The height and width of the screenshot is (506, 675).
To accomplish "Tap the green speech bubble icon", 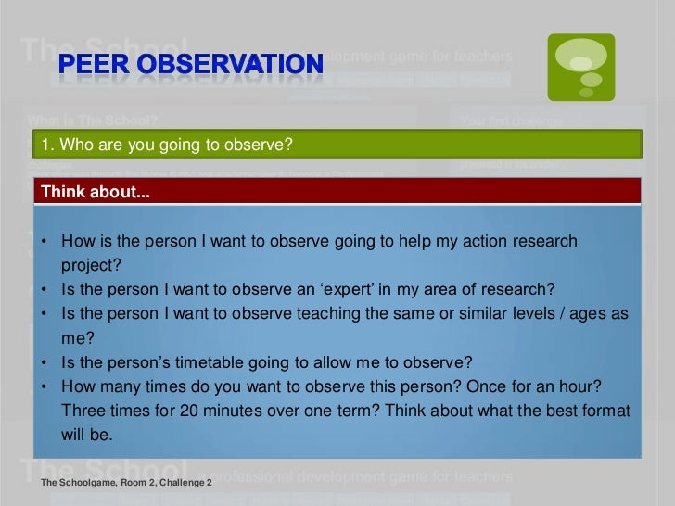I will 580,67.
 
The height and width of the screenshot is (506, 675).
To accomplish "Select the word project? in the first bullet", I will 91,265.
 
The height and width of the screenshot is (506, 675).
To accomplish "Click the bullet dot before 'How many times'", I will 44,386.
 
